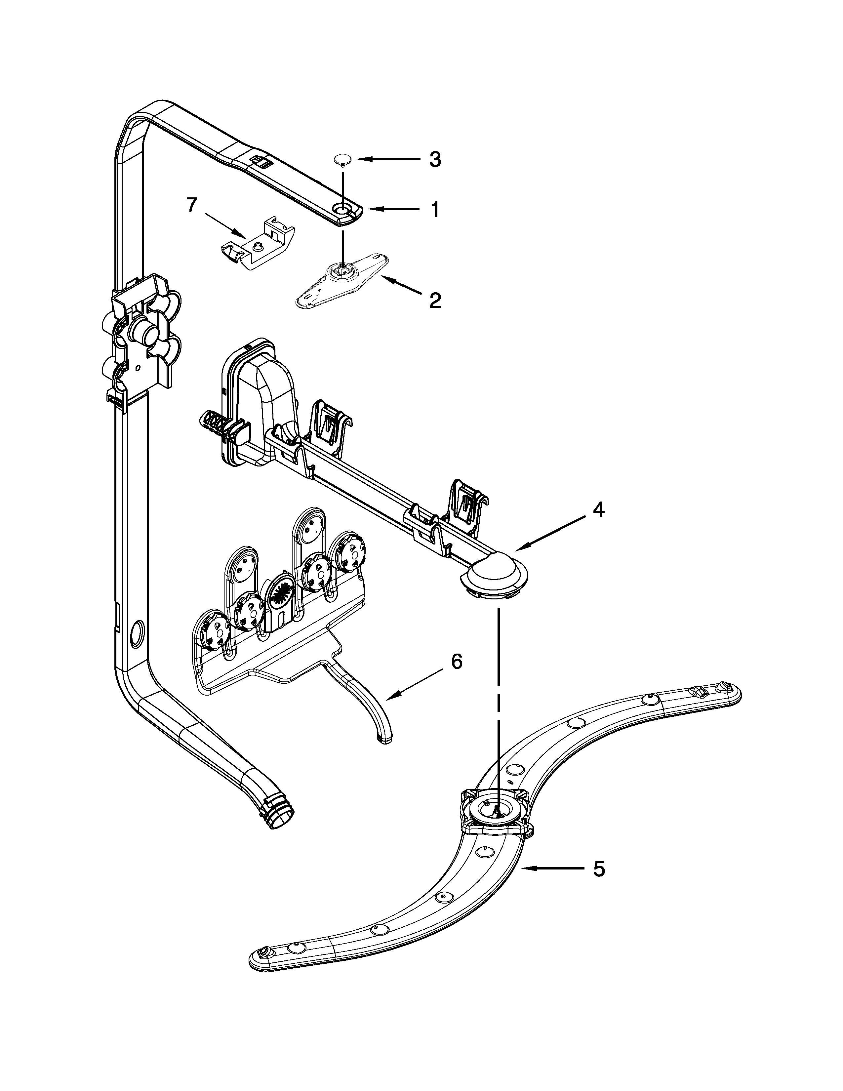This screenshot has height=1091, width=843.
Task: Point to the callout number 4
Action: point(598,509)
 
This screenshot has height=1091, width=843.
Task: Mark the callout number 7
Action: point(192,205)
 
